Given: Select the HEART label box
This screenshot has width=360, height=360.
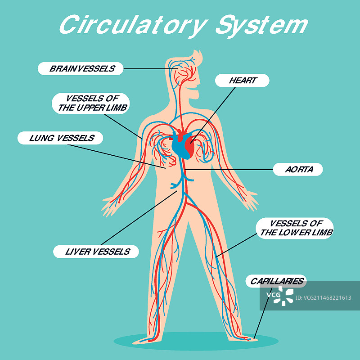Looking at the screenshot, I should (x=243, y=81).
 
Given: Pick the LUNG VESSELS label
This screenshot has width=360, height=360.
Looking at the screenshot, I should (x=60, y=138).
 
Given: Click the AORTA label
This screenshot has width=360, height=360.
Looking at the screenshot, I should (x=298, y=170).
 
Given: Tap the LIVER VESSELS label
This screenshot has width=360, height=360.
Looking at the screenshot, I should (x=96, y=252).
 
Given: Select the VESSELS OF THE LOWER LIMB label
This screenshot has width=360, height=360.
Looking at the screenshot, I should (x=295, y=228).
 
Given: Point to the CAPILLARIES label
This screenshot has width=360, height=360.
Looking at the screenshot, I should (x=276, y=281).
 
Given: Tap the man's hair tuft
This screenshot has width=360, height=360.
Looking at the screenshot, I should (x=197, y=58).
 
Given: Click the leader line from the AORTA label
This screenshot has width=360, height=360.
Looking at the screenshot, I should (x=229, y=170).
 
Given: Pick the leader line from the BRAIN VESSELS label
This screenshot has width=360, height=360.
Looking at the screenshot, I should (x=146, y=69).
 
